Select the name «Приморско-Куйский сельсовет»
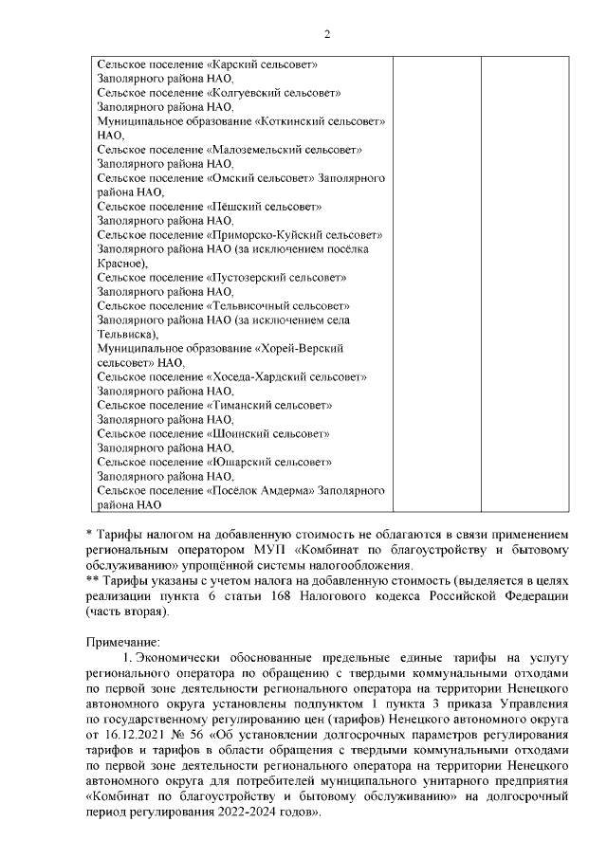point(293,234)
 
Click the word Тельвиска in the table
point(125,335)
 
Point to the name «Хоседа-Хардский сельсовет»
point(285,376)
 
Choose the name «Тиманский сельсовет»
point(268,405)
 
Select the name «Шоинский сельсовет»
point(267,433)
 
